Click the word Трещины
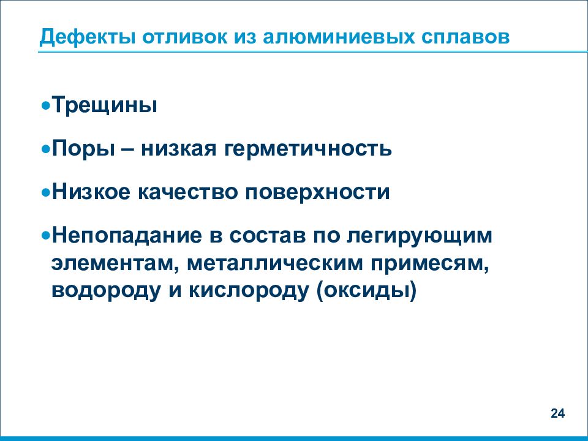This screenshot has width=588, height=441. (x=104, y=105)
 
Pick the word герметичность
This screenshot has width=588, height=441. (x=306, y=149)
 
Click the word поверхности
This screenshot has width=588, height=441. (x=318, y=192)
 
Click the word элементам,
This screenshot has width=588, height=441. (x=114, y=263)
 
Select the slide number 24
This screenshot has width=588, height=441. (x=557, y=413)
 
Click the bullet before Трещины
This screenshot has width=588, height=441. (x=46, y=106)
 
